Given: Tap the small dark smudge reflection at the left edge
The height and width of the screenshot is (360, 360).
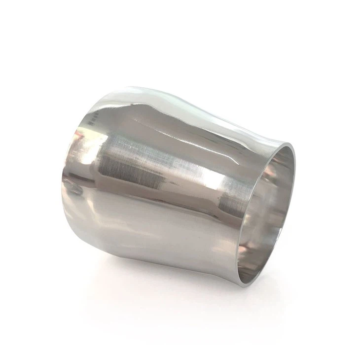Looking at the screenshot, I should [74, 187].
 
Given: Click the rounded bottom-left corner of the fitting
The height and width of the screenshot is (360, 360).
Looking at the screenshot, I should [99, 237].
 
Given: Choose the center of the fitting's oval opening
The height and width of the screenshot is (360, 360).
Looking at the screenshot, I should [266, 212].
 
